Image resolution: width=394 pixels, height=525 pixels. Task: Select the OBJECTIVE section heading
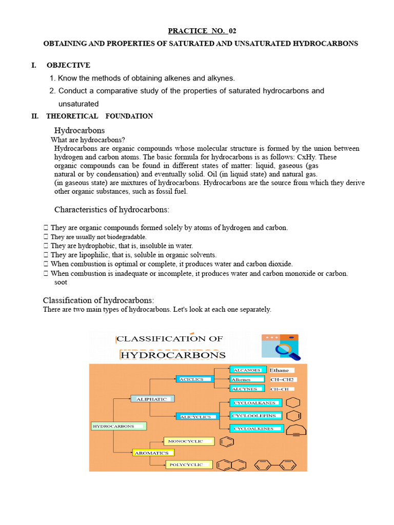[x=68, y=65]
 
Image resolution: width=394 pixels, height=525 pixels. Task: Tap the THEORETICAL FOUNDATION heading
[x=100, y=116]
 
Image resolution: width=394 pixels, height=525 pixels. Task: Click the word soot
[x=61, y=282]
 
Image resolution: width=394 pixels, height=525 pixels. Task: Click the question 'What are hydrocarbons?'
[x=88, y=140]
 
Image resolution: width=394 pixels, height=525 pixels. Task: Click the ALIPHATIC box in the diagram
[x=152, y=398]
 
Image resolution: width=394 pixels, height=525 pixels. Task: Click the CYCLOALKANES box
[x=254, y=403]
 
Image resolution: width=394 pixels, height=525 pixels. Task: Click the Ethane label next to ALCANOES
[x=279, y=370]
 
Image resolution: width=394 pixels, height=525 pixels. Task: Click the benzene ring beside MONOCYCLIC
[x=227, y=441]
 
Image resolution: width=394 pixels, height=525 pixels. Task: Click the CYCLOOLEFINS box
[x=255, y=415]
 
